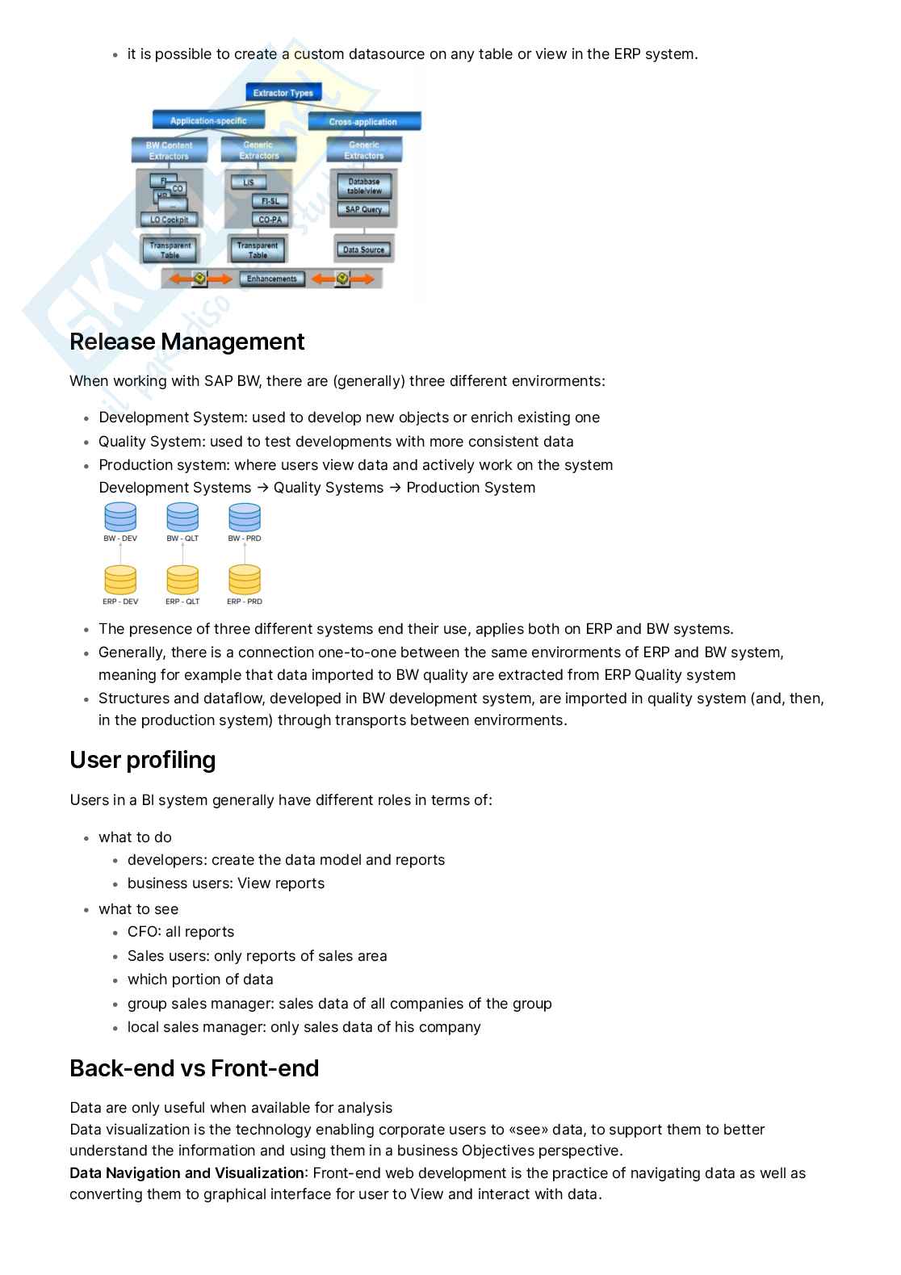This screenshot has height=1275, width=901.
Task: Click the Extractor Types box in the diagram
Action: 283,93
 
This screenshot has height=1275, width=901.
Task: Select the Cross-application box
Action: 363,122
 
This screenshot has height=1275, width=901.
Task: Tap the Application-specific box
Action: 207,121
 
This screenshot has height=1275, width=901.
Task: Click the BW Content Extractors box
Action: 169,150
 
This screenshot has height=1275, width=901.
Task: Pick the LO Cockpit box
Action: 170,220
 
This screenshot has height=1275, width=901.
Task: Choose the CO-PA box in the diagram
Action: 270,220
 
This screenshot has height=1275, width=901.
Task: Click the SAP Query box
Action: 363,209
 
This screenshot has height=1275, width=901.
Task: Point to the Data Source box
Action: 363,250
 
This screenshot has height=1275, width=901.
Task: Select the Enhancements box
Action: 271,279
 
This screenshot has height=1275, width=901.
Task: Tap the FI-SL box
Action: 270,201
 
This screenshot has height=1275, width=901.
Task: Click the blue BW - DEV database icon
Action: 120,517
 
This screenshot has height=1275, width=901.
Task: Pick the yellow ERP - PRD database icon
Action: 244,580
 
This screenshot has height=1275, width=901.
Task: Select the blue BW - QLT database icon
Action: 182,517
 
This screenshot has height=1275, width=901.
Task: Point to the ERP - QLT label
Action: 182,602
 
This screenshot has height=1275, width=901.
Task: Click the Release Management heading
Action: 186,342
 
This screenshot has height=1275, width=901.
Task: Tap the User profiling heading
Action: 142,760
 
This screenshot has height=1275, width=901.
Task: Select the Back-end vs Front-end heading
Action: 194,1068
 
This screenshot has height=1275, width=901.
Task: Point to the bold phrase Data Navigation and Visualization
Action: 186,1173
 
